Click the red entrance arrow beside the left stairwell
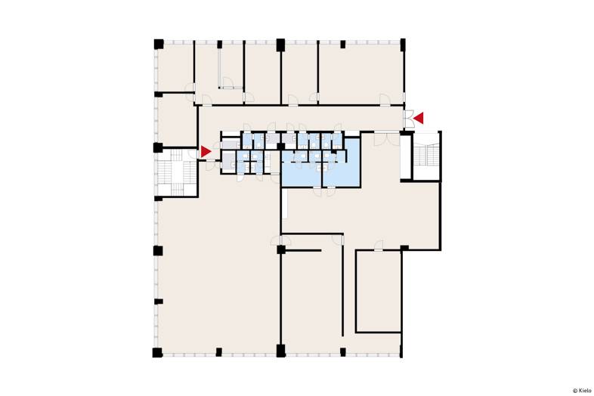pos(205,152)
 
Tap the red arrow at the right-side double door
pos(419,118)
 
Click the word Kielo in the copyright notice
pos(585,391)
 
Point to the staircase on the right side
pos(426,156)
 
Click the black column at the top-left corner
pos(159,44)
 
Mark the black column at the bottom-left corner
pos(158,352)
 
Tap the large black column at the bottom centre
pos(280,351)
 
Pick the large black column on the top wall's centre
pos(280,45)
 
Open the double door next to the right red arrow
pos(409,119)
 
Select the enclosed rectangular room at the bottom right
pos(379,291)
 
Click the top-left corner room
pos(175,68)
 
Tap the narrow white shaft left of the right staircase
pos(406,156)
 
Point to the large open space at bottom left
pos(218,265)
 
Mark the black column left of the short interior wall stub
pos(280,249)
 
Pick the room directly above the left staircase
pos(178,120)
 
